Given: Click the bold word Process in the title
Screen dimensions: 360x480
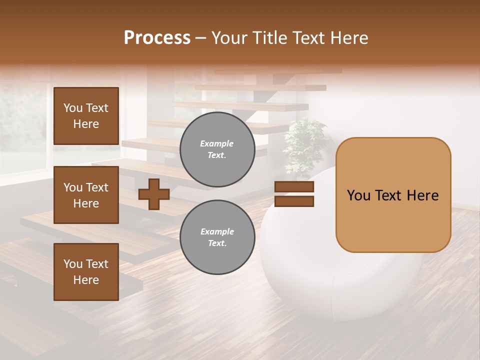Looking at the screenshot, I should pyautogui.click(x=157, y=38).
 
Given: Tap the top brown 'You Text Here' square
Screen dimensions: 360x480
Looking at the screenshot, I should pyautogui.click(x=86, y=116).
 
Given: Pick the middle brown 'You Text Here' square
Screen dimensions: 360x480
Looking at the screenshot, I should pyautogui.click(x=86, y=195).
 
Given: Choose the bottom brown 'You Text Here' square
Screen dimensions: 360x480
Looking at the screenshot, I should pyautogui.click(x=86, y=272).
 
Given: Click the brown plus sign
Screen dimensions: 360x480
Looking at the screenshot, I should pyautogui.click(x=153, y=194).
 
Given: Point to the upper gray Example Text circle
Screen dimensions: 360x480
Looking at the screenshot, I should pyautogui.click(x=217, y=149).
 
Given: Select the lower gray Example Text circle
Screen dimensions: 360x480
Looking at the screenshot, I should pyautogui.click(x=217, y=237).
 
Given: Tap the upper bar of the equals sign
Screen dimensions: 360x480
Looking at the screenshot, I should pyautogui.click(x=294, y=187).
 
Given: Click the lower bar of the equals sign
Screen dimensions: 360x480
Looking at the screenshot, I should pyautogui.click(x=294, y=201).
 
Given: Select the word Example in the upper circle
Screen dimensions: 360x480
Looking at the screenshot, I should pyautogui.click(x=217, y=143).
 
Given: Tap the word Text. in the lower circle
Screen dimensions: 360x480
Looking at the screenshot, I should pyautogui.click(x=217, y=243).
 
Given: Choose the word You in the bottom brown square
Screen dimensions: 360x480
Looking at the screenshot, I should pyautogui.click(x=73, y=264).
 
